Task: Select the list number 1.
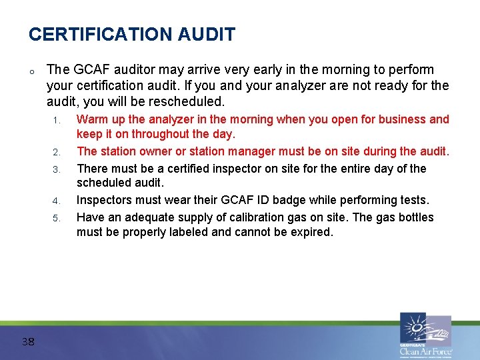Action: coord(57,121)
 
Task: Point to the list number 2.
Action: coord(57,152)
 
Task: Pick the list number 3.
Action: coord(57,169)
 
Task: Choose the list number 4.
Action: coord(57,201)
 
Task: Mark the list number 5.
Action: coord(57,218)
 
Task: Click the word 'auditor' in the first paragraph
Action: coord(122,70)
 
